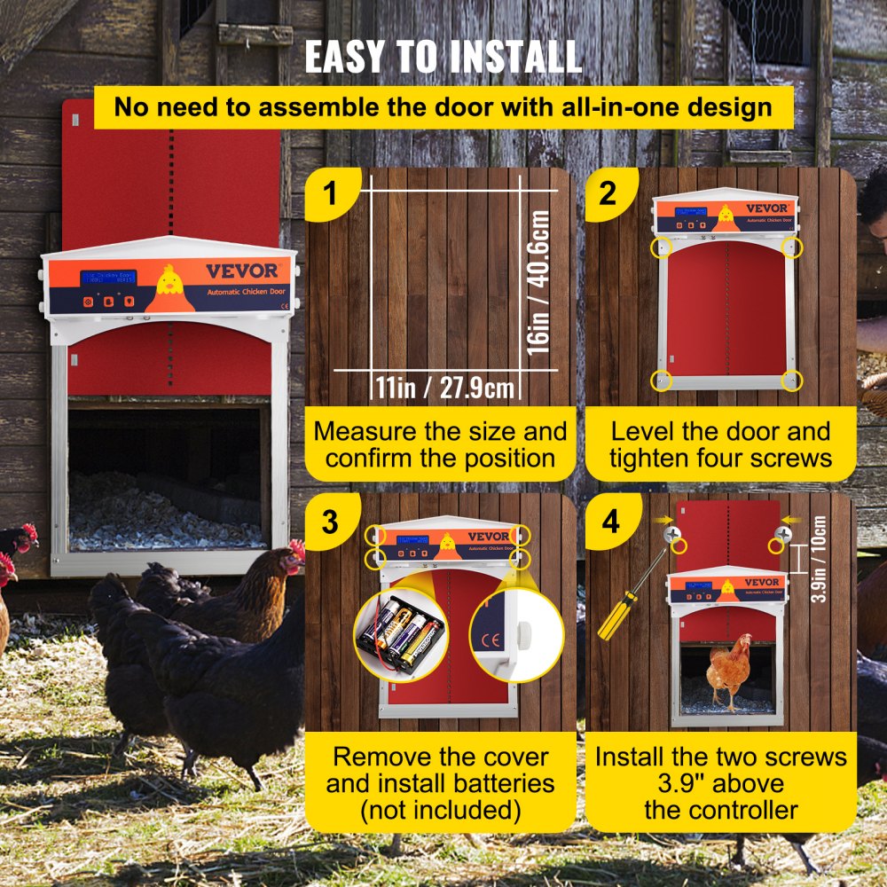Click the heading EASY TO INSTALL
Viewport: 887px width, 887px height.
coord(443,55)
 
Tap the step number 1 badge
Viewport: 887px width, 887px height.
coord(329,192)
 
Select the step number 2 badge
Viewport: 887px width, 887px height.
coord(608,192)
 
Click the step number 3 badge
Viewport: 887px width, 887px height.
coord(329,521)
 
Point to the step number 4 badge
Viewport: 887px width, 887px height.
coord(609,521)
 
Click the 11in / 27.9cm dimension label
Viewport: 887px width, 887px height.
coord(441,388)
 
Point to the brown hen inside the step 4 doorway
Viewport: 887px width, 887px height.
coord(729,671)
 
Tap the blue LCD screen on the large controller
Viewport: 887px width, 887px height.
coord(108,279)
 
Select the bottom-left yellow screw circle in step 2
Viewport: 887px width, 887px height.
coord(661,380)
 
